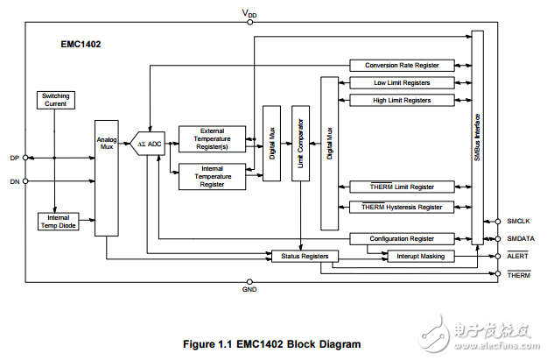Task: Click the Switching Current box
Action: [55, 100]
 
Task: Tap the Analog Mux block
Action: [107, 174]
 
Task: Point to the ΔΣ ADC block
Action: [151, 142]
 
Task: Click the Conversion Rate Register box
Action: [402, 65]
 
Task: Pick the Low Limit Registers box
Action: [402, 83]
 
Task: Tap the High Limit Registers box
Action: [402, 101]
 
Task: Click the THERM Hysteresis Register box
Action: [402, 207]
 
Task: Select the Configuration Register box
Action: [402, 238]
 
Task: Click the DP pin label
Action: [14, 158]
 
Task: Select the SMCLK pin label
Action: [518, 222]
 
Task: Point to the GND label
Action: [248, 289]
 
